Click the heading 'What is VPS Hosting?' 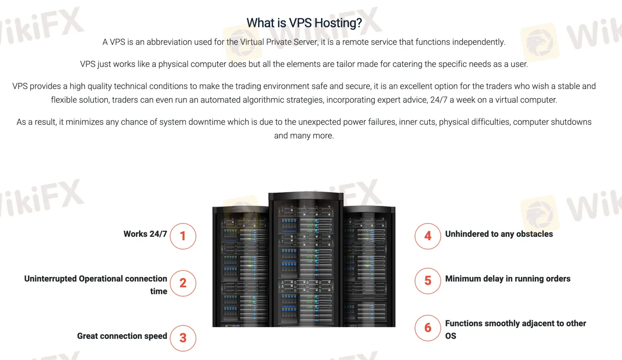coord(304,22)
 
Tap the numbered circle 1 coord(183,236)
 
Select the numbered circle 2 coord(183,283)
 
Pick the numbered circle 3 coord(183,338)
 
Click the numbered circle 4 coord(428,236)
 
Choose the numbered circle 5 coord(428,281)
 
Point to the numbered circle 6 coord(428,328)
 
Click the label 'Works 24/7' coord(145,234)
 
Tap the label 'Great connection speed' coord(122,336)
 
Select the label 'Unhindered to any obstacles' coord(499,234)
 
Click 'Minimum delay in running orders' coord(507,279)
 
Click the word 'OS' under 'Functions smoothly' coord(451,336)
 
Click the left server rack coord(240,267)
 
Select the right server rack coord(369,267)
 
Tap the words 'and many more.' coord(304,135)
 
